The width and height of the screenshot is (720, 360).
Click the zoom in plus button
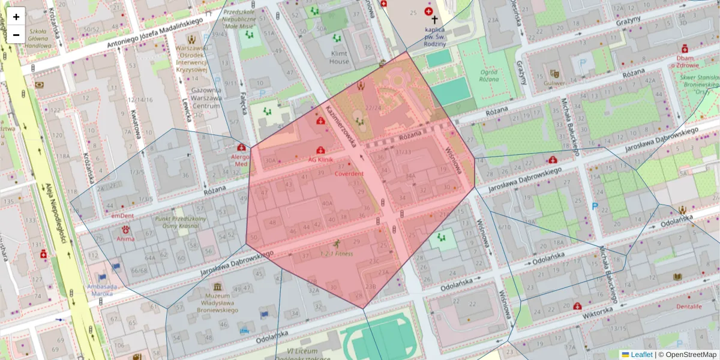coord(16,16)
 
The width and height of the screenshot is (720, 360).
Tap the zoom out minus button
coord(16,35)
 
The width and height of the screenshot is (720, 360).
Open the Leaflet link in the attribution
coord(641,355)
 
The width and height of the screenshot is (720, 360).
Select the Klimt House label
coord(339,57)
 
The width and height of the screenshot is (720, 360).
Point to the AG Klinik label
coord(320,160)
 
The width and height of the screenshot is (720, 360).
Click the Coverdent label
coord(349,173)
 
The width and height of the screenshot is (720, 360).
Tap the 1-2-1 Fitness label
coord(336,253)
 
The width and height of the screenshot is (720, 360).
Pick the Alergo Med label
coord(241,159)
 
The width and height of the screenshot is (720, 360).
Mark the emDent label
coord(122,215)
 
